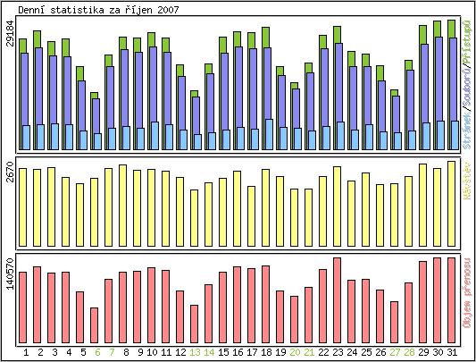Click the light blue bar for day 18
(x=268, y=134)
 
